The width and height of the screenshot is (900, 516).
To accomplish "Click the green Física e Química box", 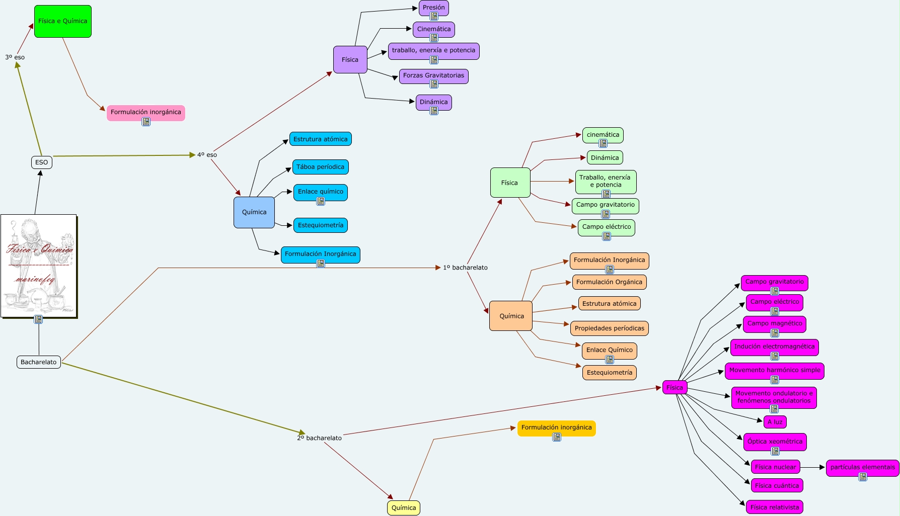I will (x=62, y=21).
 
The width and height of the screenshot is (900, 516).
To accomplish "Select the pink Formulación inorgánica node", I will (x=145, y=112).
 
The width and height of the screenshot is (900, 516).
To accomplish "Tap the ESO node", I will (x=41, y=162).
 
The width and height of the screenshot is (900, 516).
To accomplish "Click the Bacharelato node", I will (x=39, y=362).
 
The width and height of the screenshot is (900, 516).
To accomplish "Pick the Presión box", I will (x=433, y=8).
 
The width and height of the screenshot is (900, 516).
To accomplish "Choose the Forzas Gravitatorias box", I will (x=433, y=75).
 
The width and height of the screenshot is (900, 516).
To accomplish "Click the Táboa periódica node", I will (x=320, y=167).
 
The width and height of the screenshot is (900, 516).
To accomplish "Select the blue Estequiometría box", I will (x=320, y=225).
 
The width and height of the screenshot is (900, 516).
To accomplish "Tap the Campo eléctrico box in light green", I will (x=606, y=227).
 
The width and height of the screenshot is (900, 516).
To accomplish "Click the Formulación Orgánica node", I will (x=609, y=282).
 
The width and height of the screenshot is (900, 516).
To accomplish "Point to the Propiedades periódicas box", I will (x=609, y=328).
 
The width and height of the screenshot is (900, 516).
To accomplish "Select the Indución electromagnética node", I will (x=774, y=347).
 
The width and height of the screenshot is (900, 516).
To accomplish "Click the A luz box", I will (x=775, y=422).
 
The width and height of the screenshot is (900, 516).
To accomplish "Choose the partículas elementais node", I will (x=862, y=467).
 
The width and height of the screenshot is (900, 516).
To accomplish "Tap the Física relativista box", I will (x=774, y=507).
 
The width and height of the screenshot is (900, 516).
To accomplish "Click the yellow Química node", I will (x=403, y=508).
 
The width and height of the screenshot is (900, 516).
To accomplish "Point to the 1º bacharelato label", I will (x=465, y=268).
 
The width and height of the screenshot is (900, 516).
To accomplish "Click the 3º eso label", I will (x=15, y=57).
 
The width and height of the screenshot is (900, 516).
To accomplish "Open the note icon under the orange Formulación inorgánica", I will (x=557, y=438).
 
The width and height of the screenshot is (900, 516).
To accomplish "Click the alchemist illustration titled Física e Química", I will (x=38, y=266).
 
